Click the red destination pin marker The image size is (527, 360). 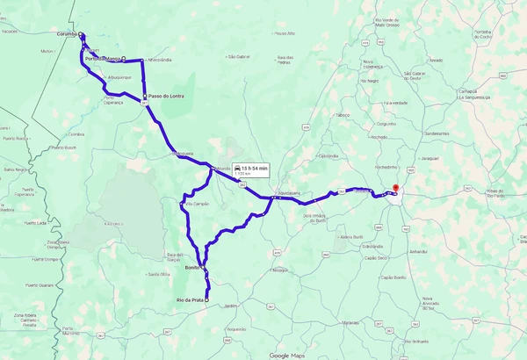click(x=395, y=189)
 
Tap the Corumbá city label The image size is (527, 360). click(x=67, y=35)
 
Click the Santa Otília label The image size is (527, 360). click(x=158, y=274)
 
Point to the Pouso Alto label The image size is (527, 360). click(x=285, y=33)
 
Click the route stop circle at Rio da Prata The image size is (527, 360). click(x=207, y=299)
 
